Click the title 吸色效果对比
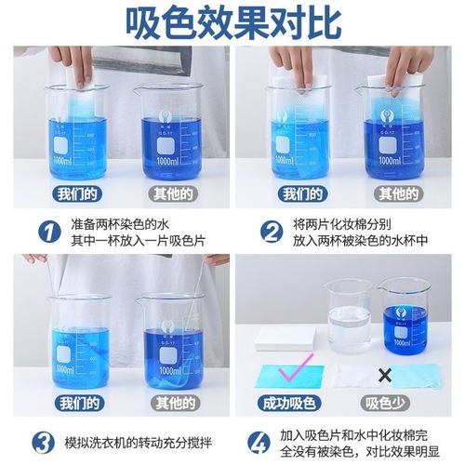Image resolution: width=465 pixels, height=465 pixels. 232,20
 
